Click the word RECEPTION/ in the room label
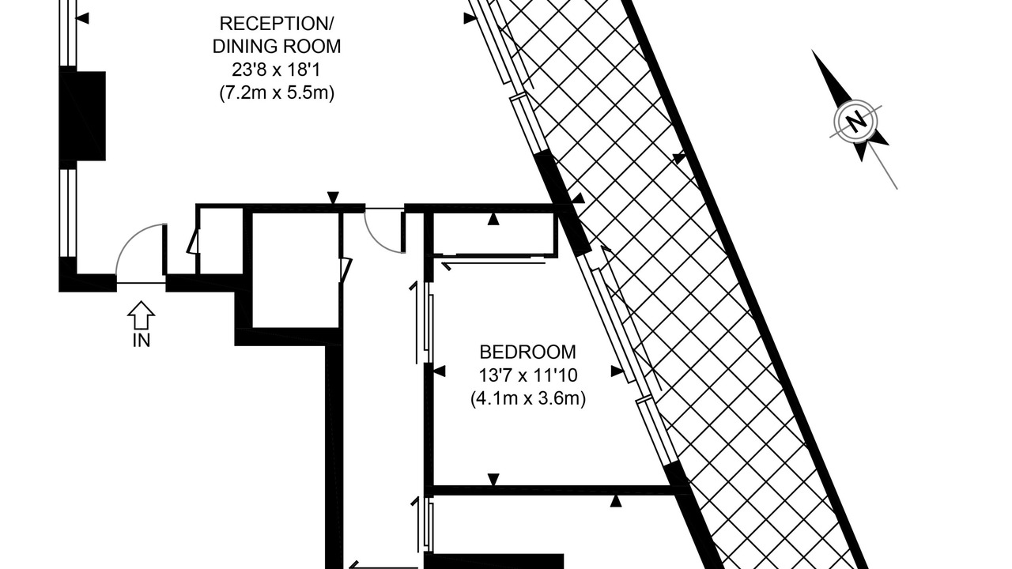(276, 24)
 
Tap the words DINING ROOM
(277, 47)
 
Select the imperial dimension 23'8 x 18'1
(277, 70)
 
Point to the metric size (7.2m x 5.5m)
(277, 93)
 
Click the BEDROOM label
(527, 352)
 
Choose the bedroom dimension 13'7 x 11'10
(527, 375)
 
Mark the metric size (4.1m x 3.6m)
(527, 399)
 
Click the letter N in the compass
(855, 122)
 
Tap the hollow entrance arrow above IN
(141, 315)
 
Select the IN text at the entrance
(141, 341)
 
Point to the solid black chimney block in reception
(83, 115)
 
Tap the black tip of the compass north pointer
(812, 51)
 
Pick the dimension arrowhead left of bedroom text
(439, 371)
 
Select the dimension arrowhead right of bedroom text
(617, 371)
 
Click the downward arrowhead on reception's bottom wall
(333, 198)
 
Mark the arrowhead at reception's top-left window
(83, 18)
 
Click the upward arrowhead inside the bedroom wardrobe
(493, 219)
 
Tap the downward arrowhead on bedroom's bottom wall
(493, 480)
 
